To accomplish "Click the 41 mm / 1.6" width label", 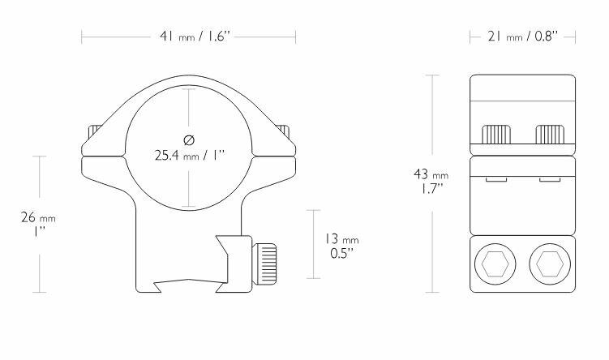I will tap(189, 36).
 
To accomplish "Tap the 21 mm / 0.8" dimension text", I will tap(523, 36).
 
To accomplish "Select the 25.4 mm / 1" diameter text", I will tap(189, 154).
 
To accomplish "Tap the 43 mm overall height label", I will tap(431, 174).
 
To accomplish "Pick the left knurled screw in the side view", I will tap(496, 133).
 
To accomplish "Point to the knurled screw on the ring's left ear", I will tap(94, 132).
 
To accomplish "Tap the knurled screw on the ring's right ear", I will tap(285, 132).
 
